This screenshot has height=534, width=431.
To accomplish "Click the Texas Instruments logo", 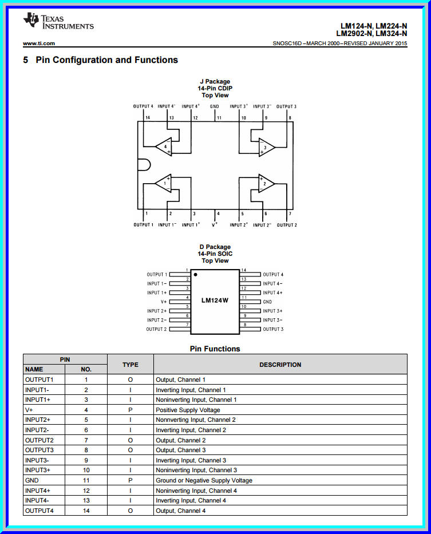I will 58,21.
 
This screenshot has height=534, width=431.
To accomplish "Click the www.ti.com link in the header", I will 39,43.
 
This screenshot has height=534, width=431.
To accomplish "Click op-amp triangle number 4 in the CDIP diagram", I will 164,147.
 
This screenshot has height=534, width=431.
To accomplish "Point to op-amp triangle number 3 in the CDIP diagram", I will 266,147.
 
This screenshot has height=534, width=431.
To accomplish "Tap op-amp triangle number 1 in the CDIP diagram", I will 164,183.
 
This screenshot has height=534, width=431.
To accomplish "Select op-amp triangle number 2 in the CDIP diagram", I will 266,183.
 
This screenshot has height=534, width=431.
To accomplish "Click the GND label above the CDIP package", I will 215,106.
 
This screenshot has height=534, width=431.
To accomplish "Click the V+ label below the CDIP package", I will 215,225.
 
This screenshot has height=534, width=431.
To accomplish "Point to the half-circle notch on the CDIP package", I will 143,165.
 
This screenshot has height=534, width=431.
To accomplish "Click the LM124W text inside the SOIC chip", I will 215,300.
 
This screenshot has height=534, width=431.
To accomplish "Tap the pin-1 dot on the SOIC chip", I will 196,275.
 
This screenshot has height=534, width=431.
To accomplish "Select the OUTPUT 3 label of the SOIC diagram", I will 273,329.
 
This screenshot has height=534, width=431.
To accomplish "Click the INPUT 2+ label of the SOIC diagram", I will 157,311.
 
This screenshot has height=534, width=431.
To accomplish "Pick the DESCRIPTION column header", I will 280,365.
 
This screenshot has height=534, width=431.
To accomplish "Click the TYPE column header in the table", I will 131,365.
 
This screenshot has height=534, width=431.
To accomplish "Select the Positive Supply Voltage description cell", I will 188,410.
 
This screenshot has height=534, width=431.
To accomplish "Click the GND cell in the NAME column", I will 32,480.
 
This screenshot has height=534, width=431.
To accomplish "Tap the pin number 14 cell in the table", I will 86,511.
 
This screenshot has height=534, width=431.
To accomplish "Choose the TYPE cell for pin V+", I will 131,410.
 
